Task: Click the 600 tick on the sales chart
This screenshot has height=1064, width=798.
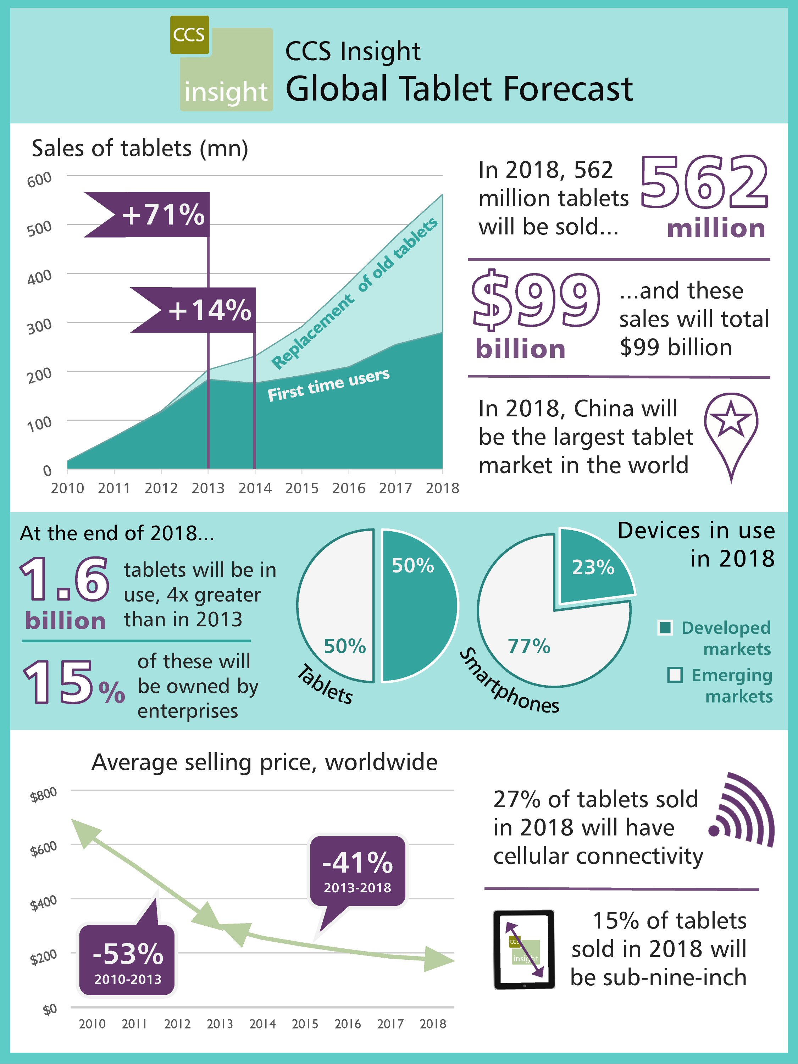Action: (x=39, y=179)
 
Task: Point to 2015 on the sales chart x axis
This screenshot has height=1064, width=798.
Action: (x=301, y=488)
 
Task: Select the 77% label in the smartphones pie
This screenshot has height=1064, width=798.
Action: (x=529, y=646)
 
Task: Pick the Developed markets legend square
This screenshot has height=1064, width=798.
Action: (x=665, y=627)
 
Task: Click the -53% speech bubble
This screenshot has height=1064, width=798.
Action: (x=127, y=959)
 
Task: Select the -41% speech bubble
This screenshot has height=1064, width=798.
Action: (x=358, y=871)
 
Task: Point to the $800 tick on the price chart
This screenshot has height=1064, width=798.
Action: (x=43, y=795)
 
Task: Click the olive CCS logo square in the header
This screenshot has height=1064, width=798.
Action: (x=189, y=35)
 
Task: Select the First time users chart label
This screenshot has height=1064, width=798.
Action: (x=328, y=385)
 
